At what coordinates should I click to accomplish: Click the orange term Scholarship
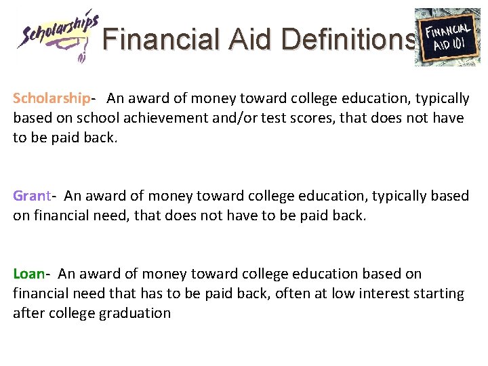tap(51, 99)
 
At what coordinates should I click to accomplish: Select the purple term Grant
tap(31, 197)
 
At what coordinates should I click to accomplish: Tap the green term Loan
tap(28, 274)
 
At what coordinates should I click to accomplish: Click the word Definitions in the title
tap(348, 39)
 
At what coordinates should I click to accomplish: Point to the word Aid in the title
tap(250, 39)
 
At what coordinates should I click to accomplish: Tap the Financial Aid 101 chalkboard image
tap(447, 37)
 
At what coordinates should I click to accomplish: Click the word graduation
tap(135, 313)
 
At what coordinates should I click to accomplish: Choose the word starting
tap(440, 294)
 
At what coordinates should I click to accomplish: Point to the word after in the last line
tap(29, 313)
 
